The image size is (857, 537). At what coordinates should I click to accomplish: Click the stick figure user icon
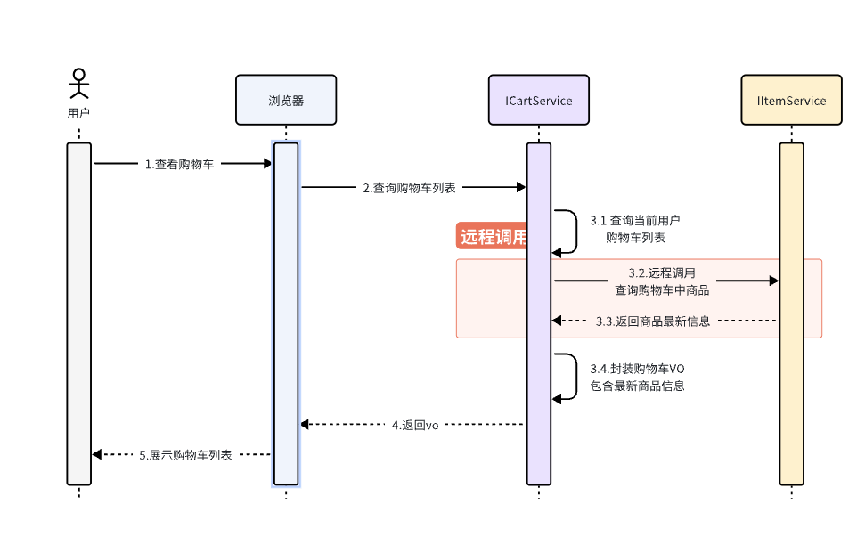[x=79, y=83]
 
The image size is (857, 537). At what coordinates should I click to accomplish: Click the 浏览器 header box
[x=286, y=100]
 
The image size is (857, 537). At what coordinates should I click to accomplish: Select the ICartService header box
[x=539, y=100]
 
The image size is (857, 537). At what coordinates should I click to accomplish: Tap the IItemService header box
[x=791, y=100]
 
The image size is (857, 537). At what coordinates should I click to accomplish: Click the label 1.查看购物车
[x=180, y=164]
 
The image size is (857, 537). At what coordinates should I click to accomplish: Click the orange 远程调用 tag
[x=492, y=237]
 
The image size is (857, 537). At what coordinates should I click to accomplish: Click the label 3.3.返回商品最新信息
[x=653, y=321]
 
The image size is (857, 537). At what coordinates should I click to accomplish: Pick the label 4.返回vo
[x=415, y=425]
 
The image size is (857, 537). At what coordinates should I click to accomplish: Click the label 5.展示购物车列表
[x=185, y=454]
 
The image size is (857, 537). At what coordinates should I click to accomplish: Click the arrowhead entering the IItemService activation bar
[x=772, y=281]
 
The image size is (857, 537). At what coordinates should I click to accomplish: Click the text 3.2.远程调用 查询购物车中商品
[x=661, y=281]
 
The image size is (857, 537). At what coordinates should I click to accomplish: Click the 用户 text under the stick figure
[x=79, y=113]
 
